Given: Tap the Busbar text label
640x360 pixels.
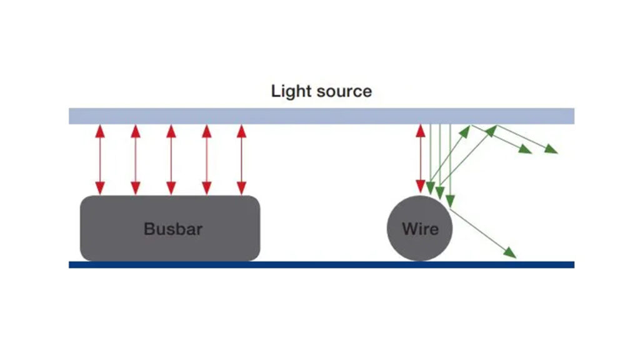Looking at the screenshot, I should pyautogui.click(x=173, y=229).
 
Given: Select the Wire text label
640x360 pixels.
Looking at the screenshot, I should pyautogui.click(x=420, y=229).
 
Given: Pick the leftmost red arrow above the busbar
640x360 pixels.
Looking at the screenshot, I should pyautogui.click(x=99, y=159).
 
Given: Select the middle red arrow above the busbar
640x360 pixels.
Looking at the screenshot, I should pyautogui.click(x=171, y=159).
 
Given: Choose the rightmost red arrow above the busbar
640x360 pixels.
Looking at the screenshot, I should pyautogui.click(x=241, y=159).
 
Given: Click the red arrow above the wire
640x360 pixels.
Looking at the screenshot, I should pyautogui.click(x=421, y=159).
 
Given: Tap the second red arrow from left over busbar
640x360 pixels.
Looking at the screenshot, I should pyautogui.click(x=135, y=159).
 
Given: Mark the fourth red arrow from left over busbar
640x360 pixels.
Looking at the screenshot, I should pyautogui.click(x=206, y=159).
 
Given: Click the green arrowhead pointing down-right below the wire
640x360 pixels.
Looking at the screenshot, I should pyautogui.click(x=510, y=252).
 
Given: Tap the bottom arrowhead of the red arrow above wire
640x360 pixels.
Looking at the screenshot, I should pyautogui.click(x=421, y=187).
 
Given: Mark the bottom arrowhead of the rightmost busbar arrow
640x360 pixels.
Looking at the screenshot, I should pyautogui.click(x=241, y=188).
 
